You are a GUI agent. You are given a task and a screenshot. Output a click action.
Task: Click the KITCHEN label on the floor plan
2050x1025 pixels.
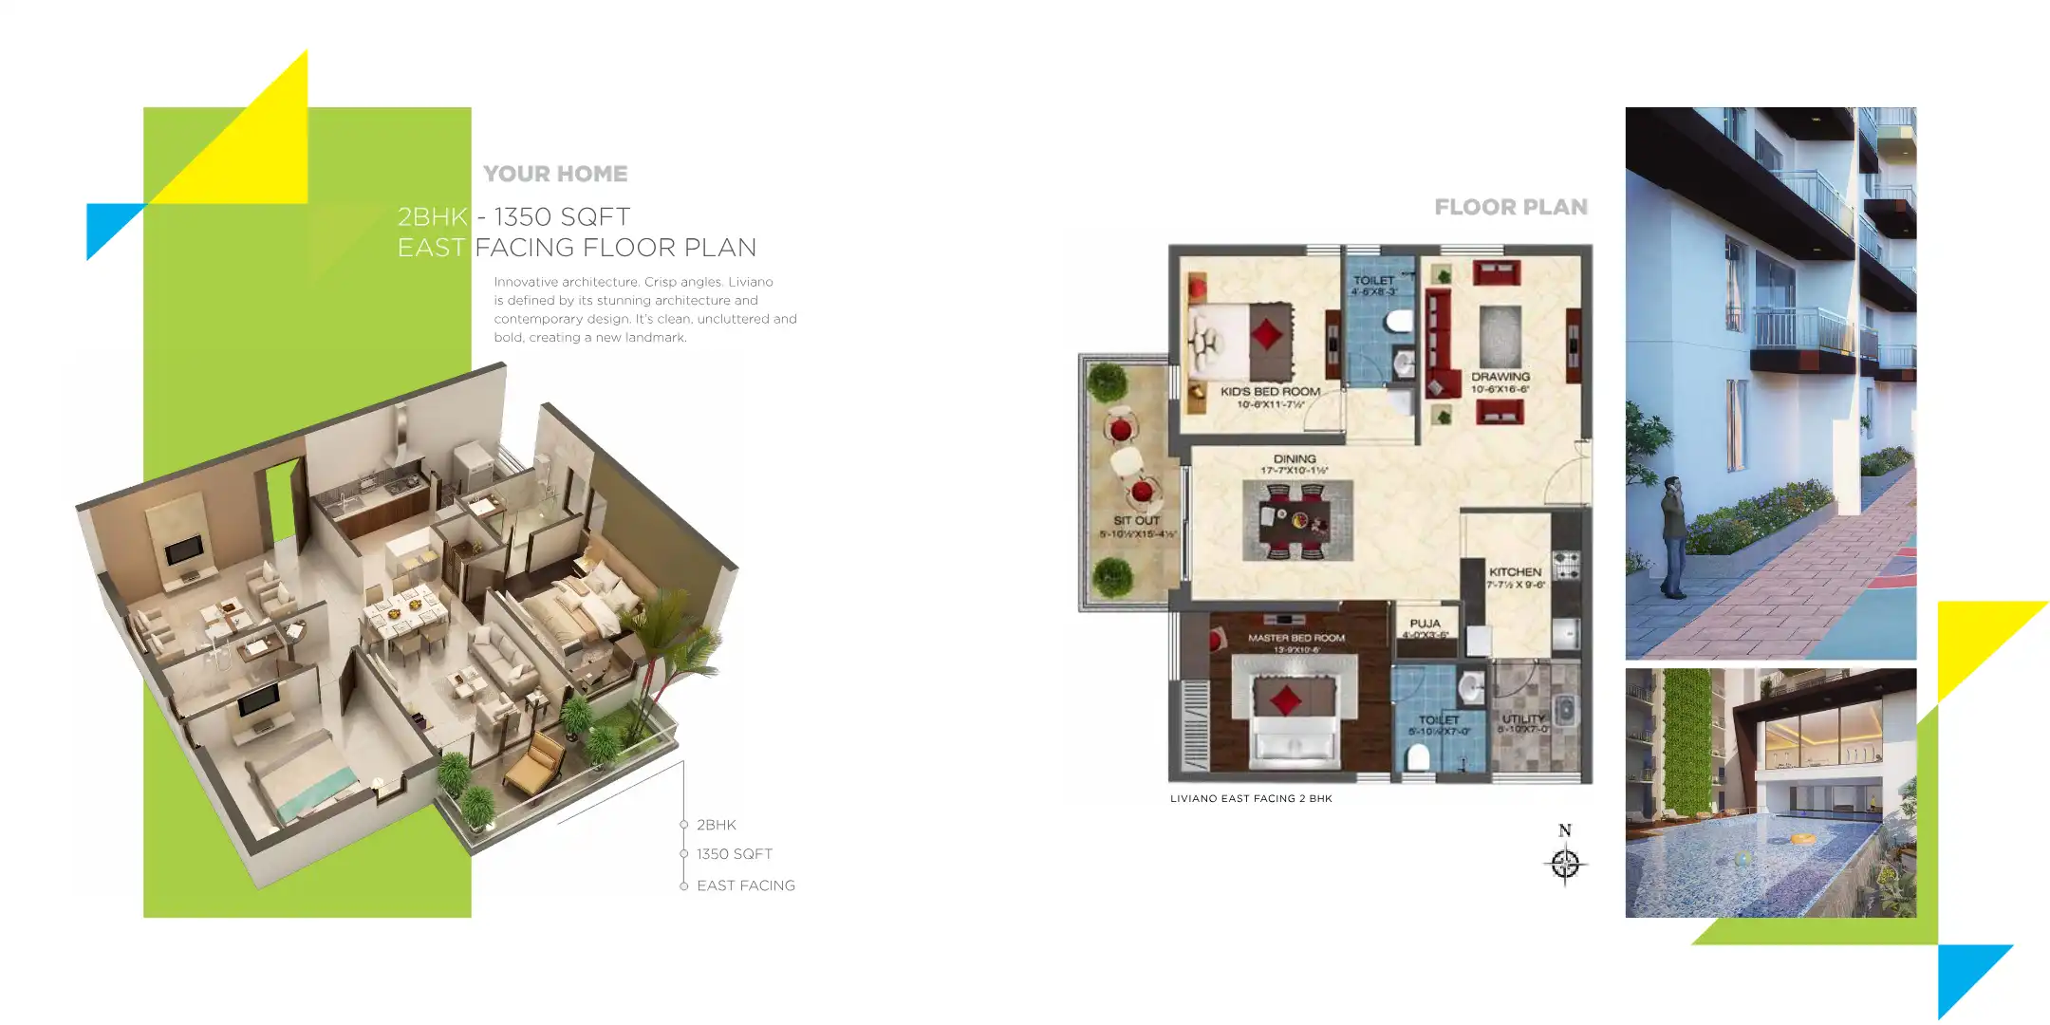point(1515,572)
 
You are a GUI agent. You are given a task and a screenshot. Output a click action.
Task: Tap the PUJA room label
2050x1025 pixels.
point(1425,624)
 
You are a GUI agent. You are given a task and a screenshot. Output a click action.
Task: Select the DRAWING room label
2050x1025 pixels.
point(1500,377)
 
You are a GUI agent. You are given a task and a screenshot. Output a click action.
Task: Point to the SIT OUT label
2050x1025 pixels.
point(1136,520)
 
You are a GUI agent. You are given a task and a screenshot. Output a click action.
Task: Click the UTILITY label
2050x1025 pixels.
point(1523,718)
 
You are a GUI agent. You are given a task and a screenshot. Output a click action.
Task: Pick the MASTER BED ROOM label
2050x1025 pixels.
point(1295,638)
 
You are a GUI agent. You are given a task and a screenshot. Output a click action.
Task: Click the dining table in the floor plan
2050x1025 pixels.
point(1296,520)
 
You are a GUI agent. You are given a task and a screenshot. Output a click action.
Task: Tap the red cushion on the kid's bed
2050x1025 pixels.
point(1266,333)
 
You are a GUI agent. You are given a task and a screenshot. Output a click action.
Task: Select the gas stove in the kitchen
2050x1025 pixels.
point(1565,565)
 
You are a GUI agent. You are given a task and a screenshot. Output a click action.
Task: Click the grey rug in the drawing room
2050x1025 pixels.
point(1500,335)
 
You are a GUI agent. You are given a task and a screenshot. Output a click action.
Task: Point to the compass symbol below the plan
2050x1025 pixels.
point(1564,863)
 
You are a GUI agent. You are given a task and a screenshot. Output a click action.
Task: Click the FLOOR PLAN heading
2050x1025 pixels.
point(1510,207)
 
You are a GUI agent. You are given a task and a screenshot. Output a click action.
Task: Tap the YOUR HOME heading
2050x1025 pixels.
point(555,174)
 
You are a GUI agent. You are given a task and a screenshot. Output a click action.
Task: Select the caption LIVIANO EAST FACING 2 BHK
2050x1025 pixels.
point(1251,798)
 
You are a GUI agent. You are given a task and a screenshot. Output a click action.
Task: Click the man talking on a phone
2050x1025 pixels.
point(1673,536)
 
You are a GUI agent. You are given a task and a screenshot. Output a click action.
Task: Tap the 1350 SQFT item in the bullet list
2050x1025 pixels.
point(734,854)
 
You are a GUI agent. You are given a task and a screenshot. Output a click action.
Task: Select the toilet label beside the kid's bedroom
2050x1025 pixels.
point(1373,280)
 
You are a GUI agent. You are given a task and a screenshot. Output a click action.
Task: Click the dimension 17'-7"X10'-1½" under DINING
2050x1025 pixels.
point(1294,471)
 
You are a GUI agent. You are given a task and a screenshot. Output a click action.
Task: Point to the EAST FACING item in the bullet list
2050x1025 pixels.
point(745,885)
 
